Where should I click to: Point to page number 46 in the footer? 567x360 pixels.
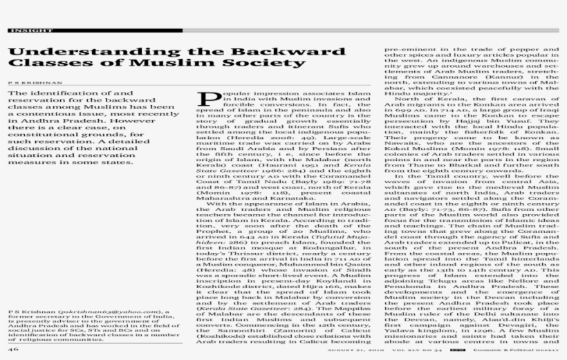tap(13, 350)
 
